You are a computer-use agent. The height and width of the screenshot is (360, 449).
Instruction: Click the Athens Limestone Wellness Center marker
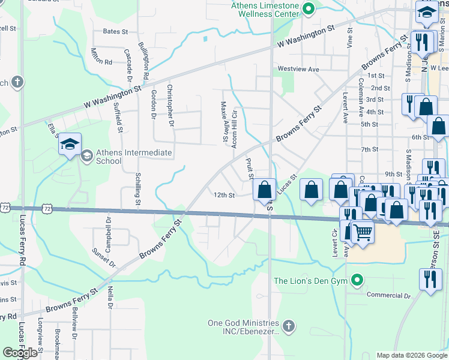309,8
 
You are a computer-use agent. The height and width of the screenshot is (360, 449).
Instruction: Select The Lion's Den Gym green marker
358,280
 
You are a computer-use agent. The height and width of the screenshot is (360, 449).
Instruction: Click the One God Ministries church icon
289,326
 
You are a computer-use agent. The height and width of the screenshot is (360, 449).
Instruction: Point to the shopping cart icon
361,232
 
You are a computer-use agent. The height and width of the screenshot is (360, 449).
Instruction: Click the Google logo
20,353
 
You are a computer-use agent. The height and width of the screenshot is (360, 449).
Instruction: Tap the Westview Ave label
298,69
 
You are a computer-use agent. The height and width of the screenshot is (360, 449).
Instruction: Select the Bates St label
116,31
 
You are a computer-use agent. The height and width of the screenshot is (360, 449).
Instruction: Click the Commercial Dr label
388,296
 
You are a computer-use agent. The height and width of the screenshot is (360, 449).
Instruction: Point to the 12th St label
223,195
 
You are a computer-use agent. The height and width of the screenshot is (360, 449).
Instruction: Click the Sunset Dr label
103,256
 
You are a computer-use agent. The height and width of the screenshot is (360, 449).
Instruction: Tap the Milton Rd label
101,57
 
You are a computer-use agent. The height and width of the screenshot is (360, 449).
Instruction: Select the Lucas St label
287,184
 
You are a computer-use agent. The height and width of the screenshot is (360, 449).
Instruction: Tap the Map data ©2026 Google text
411,355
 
